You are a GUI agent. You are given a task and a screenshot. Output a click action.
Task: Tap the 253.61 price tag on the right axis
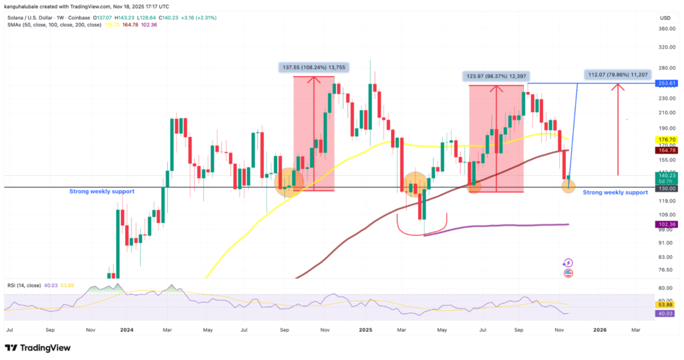666,84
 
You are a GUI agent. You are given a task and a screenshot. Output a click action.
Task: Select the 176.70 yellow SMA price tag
666,140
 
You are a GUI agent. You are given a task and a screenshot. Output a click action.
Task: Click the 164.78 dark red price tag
666,150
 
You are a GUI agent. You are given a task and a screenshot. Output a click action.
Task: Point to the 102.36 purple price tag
666,224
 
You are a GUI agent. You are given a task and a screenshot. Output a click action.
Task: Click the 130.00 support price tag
666,188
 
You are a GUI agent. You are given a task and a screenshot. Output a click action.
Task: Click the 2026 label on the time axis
600,329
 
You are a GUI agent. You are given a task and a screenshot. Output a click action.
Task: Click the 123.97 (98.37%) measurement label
496,76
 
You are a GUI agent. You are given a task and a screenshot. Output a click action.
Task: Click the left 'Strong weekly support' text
102,192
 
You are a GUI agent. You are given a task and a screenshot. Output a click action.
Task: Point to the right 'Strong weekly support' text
615,192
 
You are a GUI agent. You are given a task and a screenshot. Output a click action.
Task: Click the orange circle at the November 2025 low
568,186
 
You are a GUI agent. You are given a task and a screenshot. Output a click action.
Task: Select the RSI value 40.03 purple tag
666,312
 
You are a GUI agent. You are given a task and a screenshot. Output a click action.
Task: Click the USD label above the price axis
665,17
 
